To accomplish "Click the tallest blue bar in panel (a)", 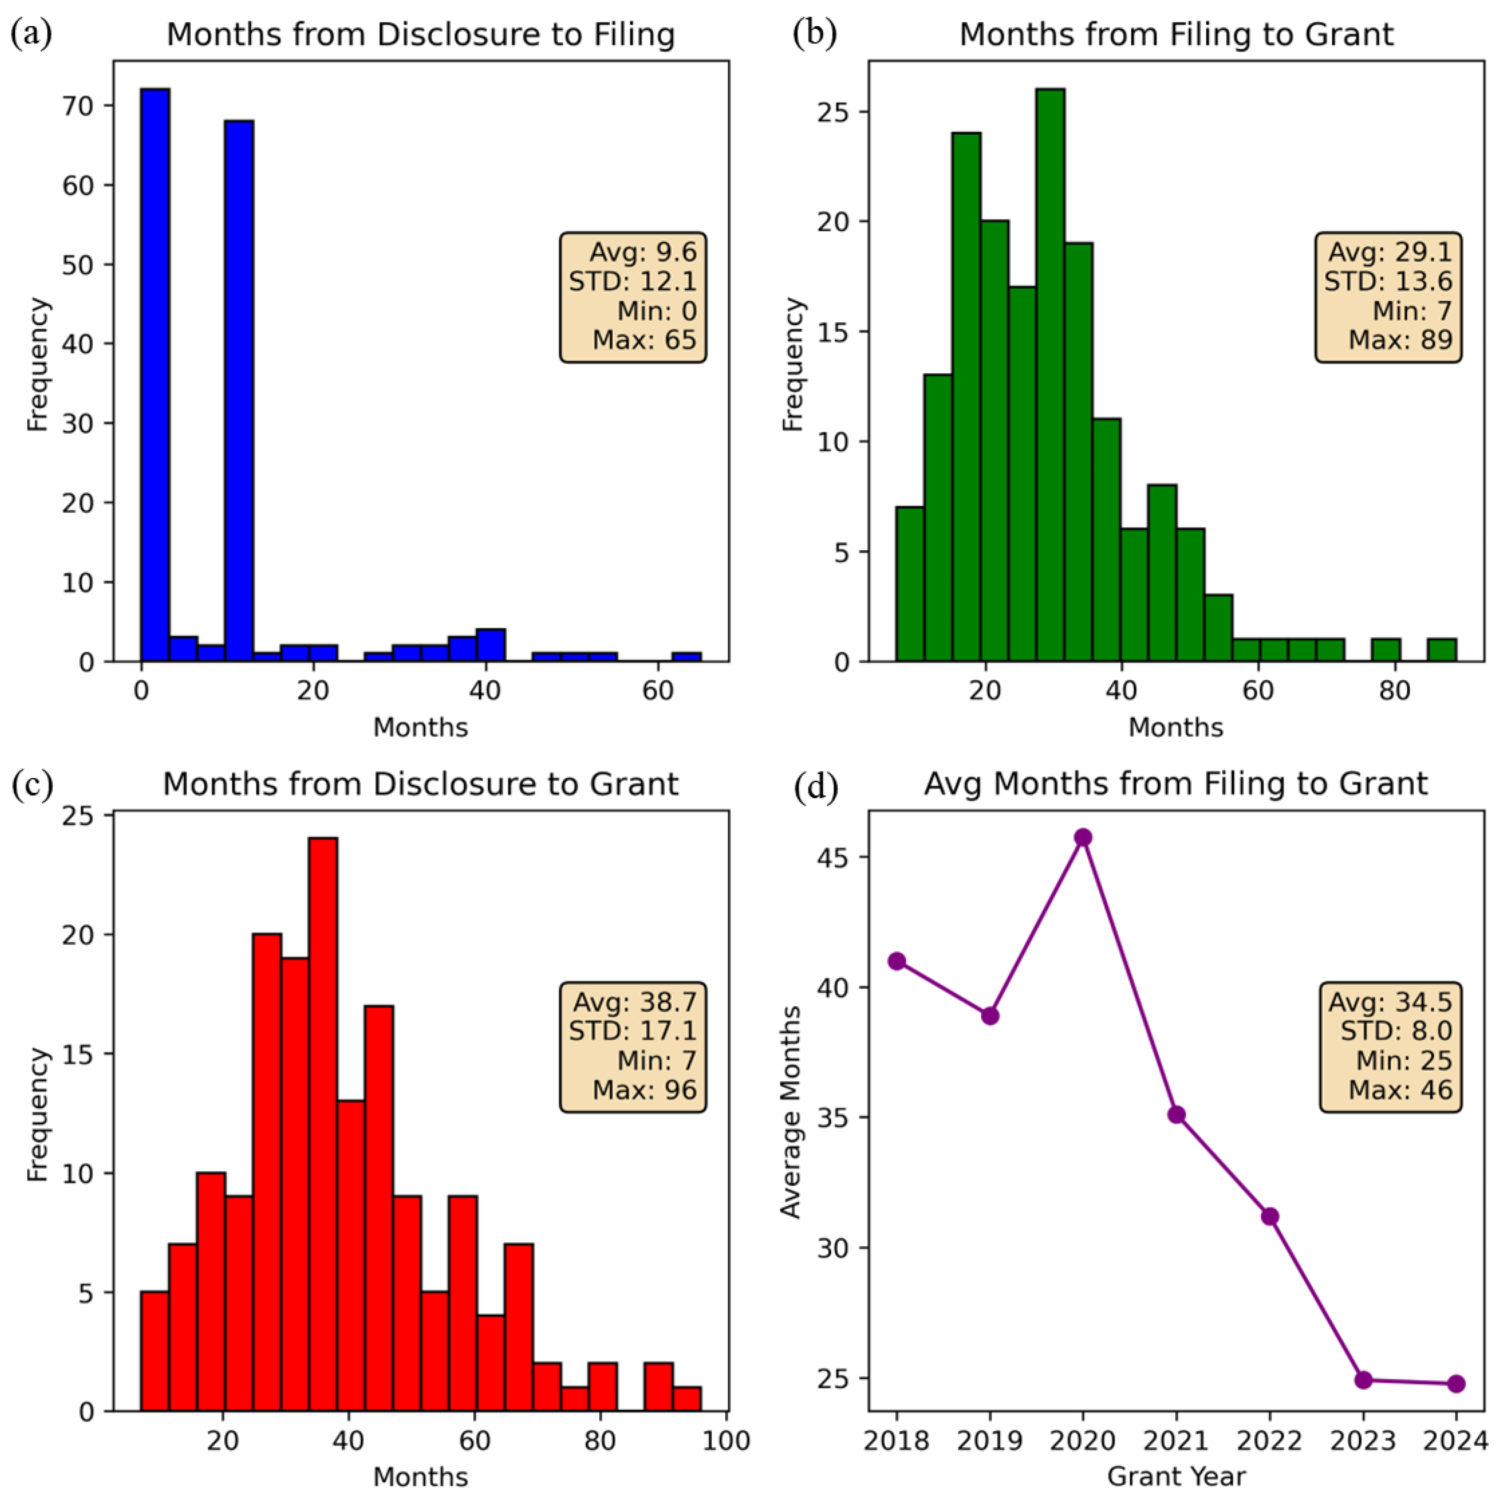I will (x=155, y=375).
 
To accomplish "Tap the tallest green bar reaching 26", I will (x=1050, y=375).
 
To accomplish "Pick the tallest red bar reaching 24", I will (x=323, y=1123).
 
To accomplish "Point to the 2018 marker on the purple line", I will (x=897, y=961).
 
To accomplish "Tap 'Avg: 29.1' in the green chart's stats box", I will (x=1390, y=252).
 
